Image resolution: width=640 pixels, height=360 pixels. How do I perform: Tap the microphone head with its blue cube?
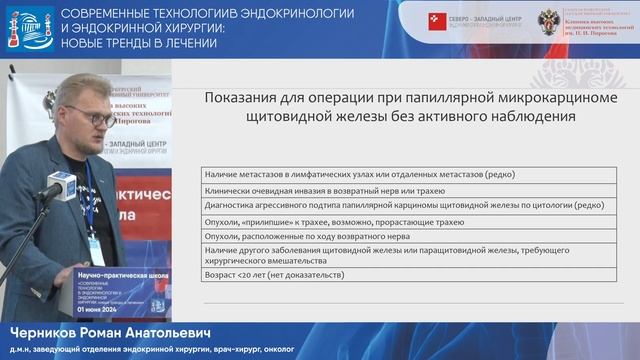[62, 185]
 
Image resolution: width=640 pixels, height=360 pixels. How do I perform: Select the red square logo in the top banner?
[437, 21]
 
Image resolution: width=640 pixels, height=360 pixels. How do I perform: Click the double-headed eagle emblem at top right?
[549, 21]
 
